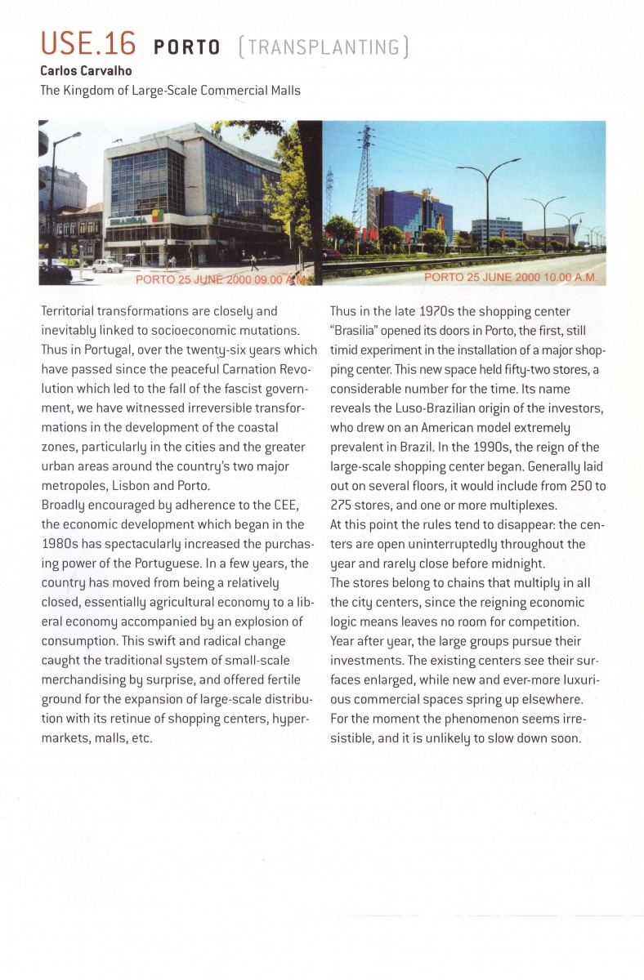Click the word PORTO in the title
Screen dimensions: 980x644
pyautogui.click(x=187, y=47)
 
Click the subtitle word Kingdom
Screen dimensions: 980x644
pyautogui.click(x=91, y=90)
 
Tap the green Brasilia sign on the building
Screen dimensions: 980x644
pyautogui.click(x=130, y=220)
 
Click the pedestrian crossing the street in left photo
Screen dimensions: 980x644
pyautogui.click(x=254, y=262)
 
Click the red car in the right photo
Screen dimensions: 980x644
pyautogui.click(x=329, y=253)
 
